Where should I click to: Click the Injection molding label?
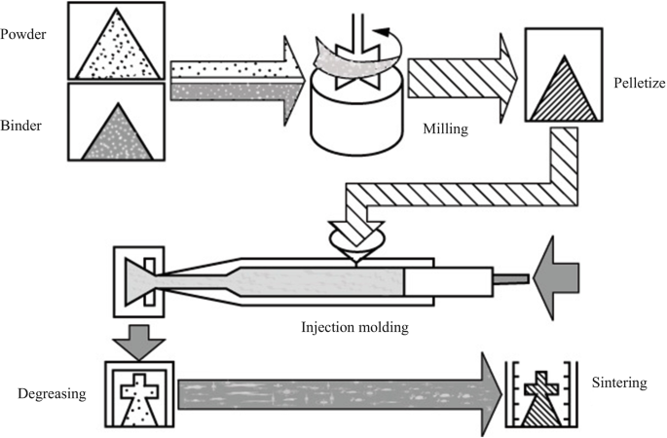354,326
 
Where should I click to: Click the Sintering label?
619,383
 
